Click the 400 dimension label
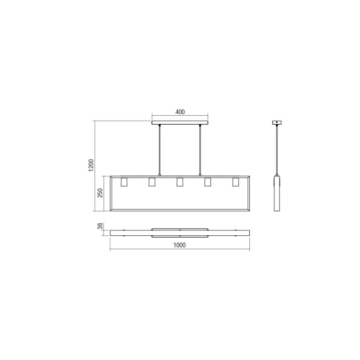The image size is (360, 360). click(x=180, y=112)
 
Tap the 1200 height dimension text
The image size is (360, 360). click(x=91, y=165)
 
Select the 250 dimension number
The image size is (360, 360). click(x=100, y=193)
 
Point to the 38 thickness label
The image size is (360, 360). click(x=100, y=226)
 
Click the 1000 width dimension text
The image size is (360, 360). click(x=180, y=245)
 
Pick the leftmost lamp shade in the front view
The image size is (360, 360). click(x=124, y=182)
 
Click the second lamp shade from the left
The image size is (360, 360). click(x=152, y=182)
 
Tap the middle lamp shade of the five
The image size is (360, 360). click(x=180, y=182)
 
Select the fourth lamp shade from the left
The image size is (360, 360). click(x=208, y=182)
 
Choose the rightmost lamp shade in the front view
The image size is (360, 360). click(x=235, y=182)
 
